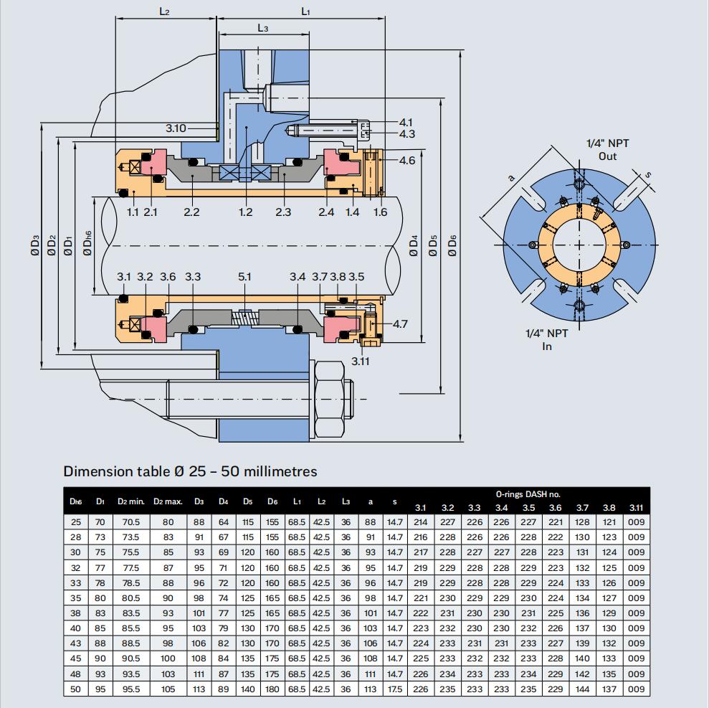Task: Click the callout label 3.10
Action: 176,128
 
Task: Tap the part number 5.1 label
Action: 244,277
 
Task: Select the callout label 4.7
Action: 400,324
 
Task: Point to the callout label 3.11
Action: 361,361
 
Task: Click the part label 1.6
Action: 379,212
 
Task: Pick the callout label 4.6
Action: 406,161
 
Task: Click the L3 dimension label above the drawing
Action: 263,28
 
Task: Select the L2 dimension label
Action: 164,11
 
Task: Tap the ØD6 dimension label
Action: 452,245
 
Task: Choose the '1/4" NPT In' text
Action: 547,339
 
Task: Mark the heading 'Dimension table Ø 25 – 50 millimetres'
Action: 190,471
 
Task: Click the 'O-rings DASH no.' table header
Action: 529,494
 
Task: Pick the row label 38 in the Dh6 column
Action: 76,613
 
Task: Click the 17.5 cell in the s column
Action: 394,689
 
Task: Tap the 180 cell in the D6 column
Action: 272,689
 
